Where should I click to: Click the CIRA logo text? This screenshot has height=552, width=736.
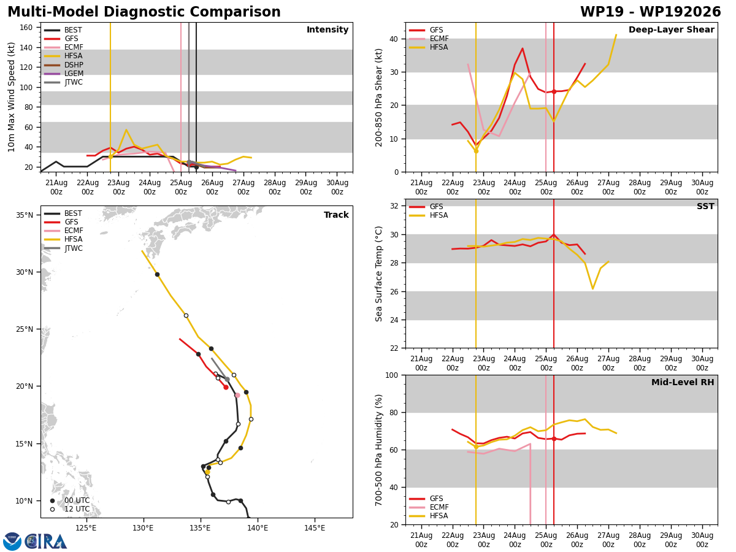click(46, 542)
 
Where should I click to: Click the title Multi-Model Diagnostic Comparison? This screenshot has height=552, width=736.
click(144, 12)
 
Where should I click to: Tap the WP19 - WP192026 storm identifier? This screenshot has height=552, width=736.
click(650, 12)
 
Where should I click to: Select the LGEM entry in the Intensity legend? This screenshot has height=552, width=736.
click(74, 74)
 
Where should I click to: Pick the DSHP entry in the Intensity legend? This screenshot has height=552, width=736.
click(74, 64)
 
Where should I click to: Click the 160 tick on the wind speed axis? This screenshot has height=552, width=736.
click(26, 28)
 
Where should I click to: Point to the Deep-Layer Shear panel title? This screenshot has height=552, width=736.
click(671, 29)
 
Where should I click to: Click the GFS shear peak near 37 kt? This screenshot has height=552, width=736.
click(522, 48)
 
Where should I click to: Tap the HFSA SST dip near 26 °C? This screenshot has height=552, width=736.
click(592, 288)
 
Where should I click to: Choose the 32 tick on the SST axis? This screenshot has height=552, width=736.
click(394, 206)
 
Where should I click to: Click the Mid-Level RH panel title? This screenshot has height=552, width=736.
click(683, 382)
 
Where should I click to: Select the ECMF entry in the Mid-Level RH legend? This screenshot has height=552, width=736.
click(439, 507)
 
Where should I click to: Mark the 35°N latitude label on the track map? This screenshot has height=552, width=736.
click(25, 215)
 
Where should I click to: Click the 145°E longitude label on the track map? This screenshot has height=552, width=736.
click(315, 528)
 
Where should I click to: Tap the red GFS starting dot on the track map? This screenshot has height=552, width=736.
click(226, 387)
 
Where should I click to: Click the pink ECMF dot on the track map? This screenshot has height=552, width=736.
click(237, 395)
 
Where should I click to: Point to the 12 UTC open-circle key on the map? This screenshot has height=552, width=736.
click(52, 509)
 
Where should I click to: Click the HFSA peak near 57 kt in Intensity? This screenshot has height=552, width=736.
click(126, 129)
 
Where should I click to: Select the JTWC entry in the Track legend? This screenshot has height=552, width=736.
click(73, 248)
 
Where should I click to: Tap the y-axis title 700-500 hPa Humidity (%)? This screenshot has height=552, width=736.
click(378, 450)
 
